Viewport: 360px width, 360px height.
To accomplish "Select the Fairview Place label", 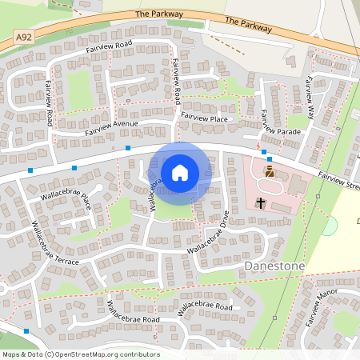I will (x=204, y=118).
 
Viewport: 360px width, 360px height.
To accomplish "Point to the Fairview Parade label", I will (x=278, y=130).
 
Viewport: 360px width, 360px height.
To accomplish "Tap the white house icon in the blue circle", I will (x=180, y=172).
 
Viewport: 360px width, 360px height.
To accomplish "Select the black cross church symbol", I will (x=260, y=203).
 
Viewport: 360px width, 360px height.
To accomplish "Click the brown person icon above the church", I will (x=270, y=171).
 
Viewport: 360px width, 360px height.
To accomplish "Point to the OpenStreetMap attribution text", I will (x=81, y=354).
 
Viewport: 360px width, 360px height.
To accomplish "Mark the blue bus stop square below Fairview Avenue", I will (x=128, y=148).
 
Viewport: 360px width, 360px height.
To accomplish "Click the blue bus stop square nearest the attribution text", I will (x=27, y=330).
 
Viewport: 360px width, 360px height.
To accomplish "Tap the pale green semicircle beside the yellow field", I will (x=329, y=226).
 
